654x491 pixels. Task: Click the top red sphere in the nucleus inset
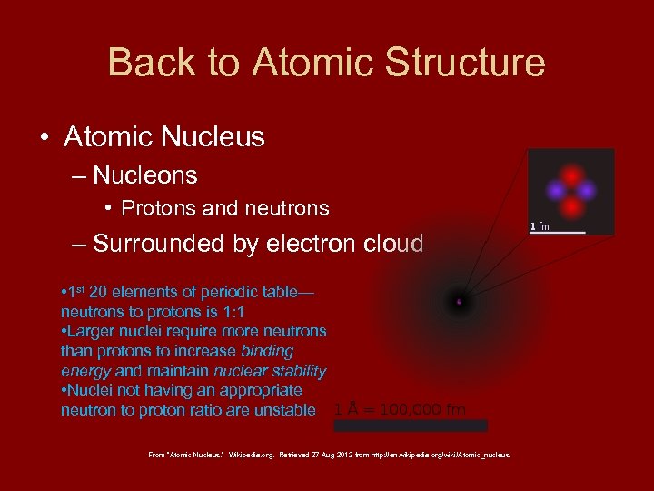[x=571, y=175]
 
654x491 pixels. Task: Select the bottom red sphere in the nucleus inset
[x=571, y=206]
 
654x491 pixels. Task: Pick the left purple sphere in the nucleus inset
[x=555, y=191]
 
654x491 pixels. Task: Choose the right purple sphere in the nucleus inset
[x=587, y=191]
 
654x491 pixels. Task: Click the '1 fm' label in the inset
[x=540, y=225]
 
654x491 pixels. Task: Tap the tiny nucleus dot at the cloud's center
[x=460, y=301]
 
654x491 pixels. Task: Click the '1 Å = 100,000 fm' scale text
[x=400, y=409]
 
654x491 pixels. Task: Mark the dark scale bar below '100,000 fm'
[x=411, y=426]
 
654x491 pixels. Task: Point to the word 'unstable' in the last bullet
[x=288, y=410]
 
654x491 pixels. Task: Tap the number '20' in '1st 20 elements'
[x=101, y=292]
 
